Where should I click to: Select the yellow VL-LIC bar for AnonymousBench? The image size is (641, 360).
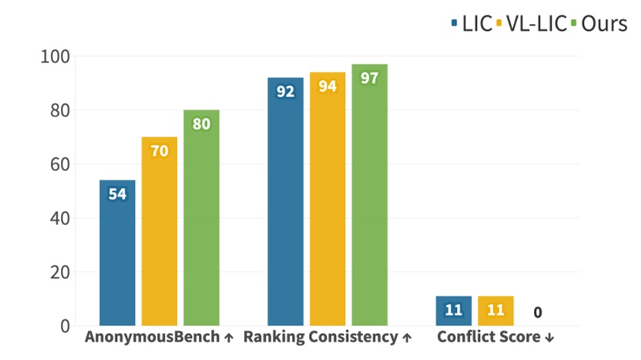[x=159, y=230]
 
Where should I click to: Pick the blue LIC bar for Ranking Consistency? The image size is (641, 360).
[x=285, y=201]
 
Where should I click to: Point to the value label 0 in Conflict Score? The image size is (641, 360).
[x=537, y=312]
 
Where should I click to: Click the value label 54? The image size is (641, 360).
[x=117, y=194]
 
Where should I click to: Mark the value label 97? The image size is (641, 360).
[x=369, y=79]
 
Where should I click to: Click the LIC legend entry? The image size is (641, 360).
[x=471, y=23]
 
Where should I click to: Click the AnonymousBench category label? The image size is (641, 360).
[x=159, y=338]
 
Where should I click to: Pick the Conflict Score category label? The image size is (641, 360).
[x=495, y=338]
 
